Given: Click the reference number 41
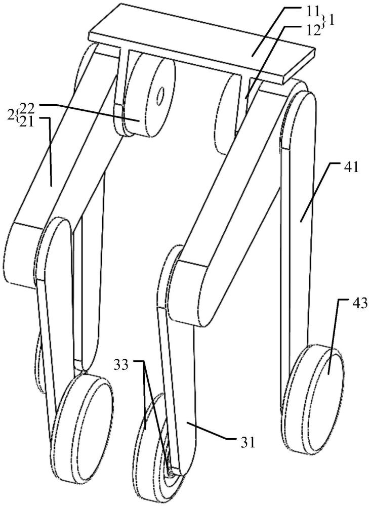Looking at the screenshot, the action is click(351, 167).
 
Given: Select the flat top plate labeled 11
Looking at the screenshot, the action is click(202, 44).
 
